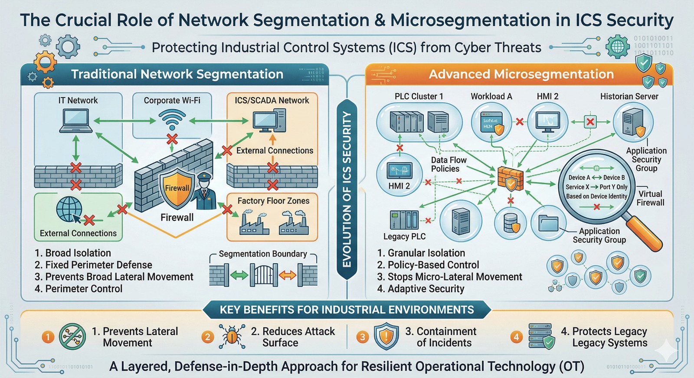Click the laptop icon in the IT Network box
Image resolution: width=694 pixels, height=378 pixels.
point(76,121)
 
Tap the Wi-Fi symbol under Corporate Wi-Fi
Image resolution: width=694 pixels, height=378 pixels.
point(172,119)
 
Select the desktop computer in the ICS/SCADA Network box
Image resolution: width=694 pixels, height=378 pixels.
point(269,121)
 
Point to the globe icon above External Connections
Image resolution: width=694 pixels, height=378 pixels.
point(69,209)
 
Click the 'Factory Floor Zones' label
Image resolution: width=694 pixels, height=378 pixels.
point(273,201)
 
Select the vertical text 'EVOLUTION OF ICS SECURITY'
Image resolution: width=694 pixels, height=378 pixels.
point(347,189)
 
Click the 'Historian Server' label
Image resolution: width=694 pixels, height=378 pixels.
point(629,96)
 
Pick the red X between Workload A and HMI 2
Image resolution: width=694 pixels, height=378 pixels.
point(519,122)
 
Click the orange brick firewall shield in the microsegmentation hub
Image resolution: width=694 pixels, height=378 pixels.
point(511,178)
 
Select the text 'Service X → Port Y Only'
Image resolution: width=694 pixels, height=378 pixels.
point(596,187)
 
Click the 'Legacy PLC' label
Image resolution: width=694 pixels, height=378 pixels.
point(404,236)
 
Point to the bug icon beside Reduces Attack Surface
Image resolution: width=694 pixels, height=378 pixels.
point(232,336)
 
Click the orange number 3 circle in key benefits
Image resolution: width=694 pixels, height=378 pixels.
point(362,337)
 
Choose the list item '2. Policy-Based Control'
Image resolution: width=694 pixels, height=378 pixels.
point(428,265)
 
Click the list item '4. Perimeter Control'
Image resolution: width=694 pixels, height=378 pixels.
point(79,289)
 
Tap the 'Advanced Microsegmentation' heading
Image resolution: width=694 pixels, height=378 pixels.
point(521,74)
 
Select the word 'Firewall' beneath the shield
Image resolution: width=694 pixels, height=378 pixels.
point(177,218)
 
